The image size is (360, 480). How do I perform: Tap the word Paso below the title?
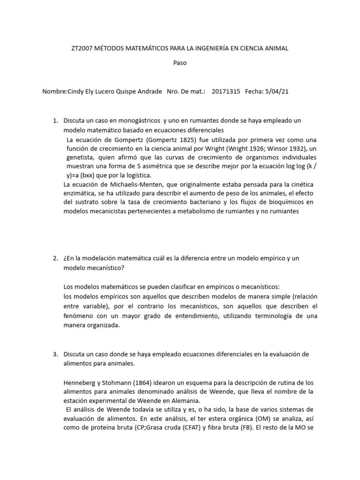[x=180, y=63]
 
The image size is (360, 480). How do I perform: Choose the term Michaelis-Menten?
[x=123, y=184]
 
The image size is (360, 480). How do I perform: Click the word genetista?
[x=82, y=157]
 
